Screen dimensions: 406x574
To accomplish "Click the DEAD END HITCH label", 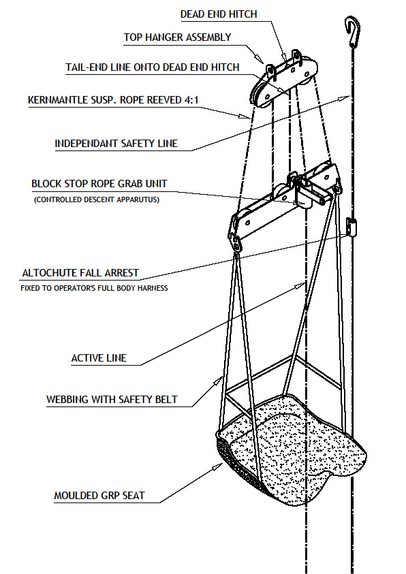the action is click(x=219, y=14).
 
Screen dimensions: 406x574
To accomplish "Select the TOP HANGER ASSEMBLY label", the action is click(x=177, y=37).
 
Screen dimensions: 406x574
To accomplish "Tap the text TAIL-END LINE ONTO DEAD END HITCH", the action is click(x=153, y=67).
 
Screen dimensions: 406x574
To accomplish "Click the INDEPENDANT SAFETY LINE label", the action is click(x=116, y=144).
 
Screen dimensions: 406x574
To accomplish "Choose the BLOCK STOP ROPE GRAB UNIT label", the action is click(x=99, y=184).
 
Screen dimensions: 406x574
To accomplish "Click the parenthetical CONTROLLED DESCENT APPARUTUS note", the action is click(x=97, y=200).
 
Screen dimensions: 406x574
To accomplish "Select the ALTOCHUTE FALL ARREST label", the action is click(x=80, y=273).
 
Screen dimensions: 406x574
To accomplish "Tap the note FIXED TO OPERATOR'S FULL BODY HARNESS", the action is click(x=94, y=288).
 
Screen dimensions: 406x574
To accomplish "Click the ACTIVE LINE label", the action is click(x=99, y=358).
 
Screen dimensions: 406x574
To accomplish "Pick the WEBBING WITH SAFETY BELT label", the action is click(x=112, y=400).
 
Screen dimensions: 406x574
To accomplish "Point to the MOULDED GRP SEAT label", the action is click(x=99, y=496).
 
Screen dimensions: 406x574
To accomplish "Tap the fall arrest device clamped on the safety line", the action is click(x=352, y=227).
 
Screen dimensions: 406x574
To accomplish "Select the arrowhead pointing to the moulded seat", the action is click(x=219, y=466).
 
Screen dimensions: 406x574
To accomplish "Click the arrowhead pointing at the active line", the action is click(x=301, y=285).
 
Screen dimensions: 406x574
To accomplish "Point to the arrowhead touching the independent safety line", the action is click(x=345, y=98).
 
